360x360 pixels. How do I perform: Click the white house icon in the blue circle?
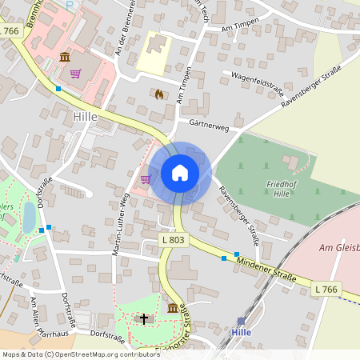[180, 173]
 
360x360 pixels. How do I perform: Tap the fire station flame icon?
[158, 94]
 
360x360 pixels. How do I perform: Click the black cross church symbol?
[145, 319]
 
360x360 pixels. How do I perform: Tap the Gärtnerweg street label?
[210, 126]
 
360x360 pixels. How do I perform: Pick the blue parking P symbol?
[69, 3]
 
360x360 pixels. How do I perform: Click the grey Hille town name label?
[84, 116]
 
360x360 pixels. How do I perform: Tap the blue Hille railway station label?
[241, 332]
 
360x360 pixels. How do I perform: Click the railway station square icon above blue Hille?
[241, 321]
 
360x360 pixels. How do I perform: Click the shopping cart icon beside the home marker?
[146, 179]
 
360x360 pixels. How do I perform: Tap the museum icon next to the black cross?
[172, 309]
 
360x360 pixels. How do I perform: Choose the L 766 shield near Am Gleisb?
[325, 288]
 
